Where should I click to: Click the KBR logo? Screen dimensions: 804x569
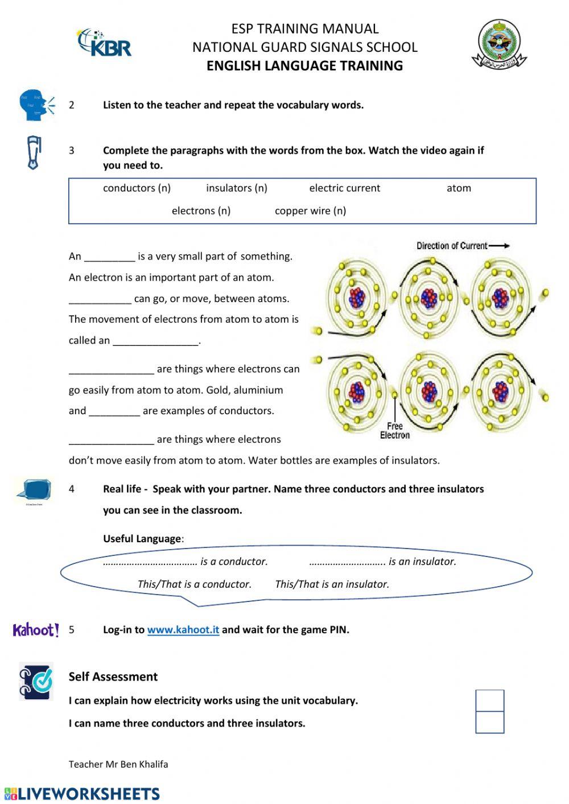[x=105, y=43]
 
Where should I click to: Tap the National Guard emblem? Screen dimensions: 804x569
[x=498, y=44]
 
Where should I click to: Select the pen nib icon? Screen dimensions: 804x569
[x=35, y=152]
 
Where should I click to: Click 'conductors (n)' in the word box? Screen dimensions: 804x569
[x=137, y=188]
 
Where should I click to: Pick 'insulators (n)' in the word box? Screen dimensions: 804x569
[x=237, y=188]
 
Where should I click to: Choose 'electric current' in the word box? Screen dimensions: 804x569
[x=344, y=188]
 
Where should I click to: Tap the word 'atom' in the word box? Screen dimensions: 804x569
[x=459, y=188]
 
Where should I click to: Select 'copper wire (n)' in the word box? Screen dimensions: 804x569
[x=310, y=211]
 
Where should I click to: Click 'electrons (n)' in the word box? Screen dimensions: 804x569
[x=201, y=211]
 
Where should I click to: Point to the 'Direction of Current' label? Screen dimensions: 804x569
[x=452, y=246]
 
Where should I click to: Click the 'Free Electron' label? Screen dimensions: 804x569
[x=395, y=431]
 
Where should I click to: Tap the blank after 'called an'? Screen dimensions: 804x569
[x=156, y=341]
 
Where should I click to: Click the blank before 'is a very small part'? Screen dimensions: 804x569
[x=110, y=257]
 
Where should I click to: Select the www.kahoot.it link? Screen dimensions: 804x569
[x=183, y=630]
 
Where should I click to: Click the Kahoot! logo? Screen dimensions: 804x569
[x=36, y=630]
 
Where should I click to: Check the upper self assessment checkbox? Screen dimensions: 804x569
[x=490, y=700]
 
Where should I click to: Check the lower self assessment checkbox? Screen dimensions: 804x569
[x=490, y=722]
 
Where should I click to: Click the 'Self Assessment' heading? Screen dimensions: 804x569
[x=113, y=677]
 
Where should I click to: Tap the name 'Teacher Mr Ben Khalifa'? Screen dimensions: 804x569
[x=118, y=764]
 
